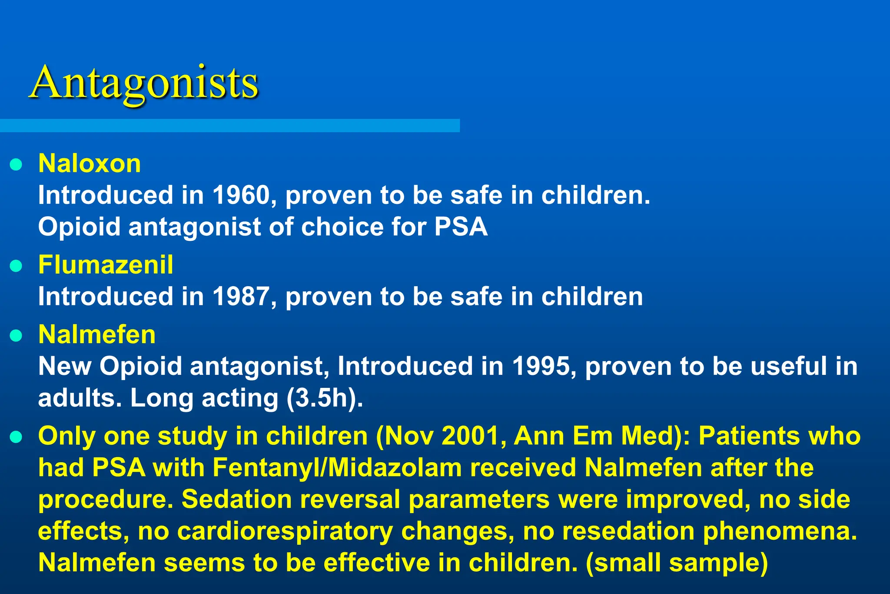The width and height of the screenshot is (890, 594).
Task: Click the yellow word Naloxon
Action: coord(90,164)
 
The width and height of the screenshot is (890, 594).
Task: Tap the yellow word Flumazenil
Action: coord(106,264)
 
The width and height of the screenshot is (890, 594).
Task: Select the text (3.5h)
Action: coord(324,398)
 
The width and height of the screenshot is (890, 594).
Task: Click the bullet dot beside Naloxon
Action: coord(16,165)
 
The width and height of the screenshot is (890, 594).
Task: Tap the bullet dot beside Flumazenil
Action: coord(16,266)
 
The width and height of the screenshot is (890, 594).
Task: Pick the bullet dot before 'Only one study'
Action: coord(16,437)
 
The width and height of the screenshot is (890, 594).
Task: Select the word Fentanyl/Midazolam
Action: coord(337,468)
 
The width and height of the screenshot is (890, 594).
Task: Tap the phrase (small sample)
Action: coord(677,563)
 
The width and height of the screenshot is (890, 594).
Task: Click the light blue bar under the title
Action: coord(229,126)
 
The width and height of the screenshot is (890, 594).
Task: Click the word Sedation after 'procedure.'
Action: coord(236,499)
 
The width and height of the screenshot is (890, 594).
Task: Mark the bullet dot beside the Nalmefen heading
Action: coord(16,336)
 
